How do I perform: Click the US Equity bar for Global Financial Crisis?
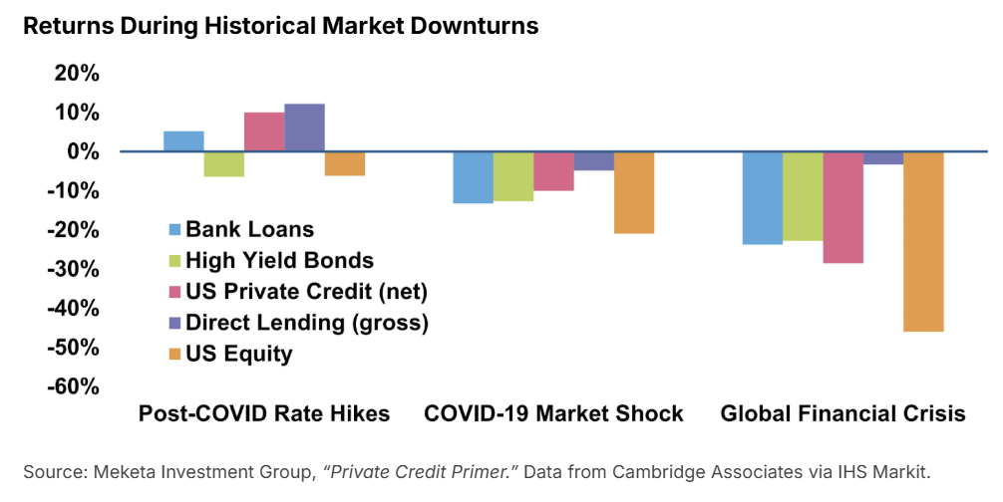tap(923, 241)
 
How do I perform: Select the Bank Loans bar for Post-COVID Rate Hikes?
tap(183, 141)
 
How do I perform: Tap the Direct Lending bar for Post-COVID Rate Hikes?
tap(304, 127)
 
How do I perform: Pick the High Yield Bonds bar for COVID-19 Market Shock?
tap(513, 176)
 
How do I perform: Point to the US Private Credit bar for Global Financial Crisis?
tap(842, 207)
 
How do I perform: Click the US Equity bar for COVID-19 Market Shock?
tap(633, 192)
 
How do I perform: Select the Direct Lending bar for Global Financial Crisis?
tap(883, 158)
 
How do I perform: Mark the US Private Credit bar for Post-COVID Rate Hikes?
tap(264, 132)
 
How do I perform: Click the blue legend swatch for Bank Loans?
tap(175, 230)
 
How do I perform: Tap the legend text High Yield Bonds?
tap(280, 261)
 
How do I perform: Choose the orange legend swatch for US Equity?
tap(175, 354)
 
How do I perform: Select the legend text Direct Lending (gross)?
tap(307, 323)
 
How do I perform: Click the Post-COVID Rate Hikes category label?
tap(264, 414)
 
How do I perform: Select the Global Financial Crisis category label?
tap(842, 414)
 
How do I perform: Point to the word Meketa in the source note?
tap(119, 471)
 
